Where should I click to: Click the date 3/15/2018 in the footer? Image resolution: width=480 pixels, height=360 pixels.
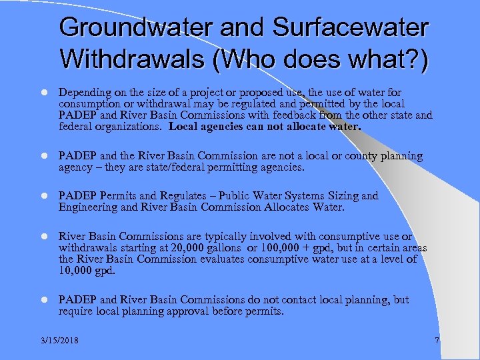point(58,341)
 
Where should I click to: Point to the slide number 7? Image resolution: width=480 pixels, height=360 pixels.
point(437,341)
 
